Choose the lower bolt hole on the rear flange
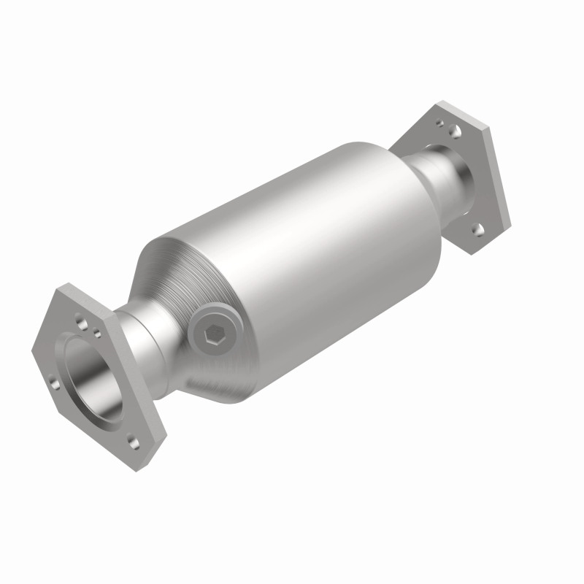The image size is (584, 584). tap(479, 230)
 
